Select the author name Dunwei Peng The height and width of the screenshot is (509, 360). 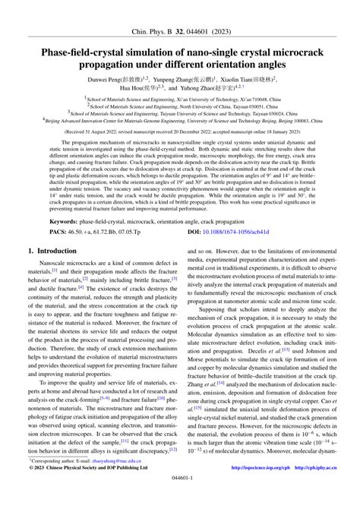point(109,78)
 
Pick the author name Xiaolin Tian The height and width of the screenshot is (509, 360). point(242,78)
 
